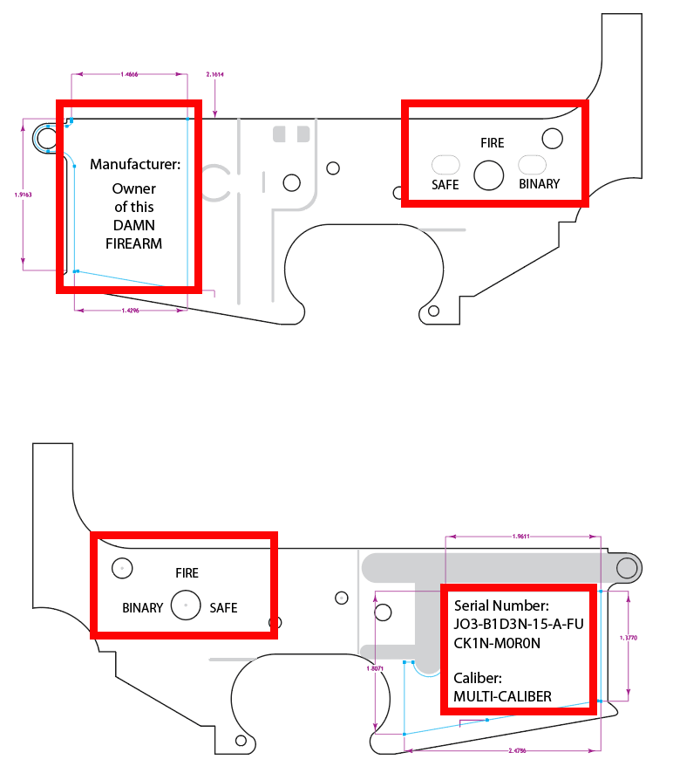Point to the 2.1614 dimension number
tap(214, 75)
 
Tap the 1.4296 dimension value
tap(131, 311)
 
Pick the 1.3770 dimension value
tap(628, 639)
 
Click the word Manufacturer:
tap(134, 164)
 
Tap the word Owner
tap(134, 188)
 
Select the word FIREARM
tap(134, 244)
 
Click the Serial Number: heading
tap(501, 605)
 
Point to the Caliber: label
tap(479, 677)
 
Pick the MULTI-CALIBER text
tap(502, 696)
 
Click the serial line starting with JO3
tap(518, 625)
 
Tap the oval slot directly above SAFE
tap(446, 164)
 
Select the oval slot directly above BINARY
tap(533, 164)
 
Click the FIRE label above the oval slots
tap(492, 142)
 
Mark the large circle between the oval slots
tap(489, 175)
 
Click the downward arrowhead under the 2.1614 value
tap(214, 113)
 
